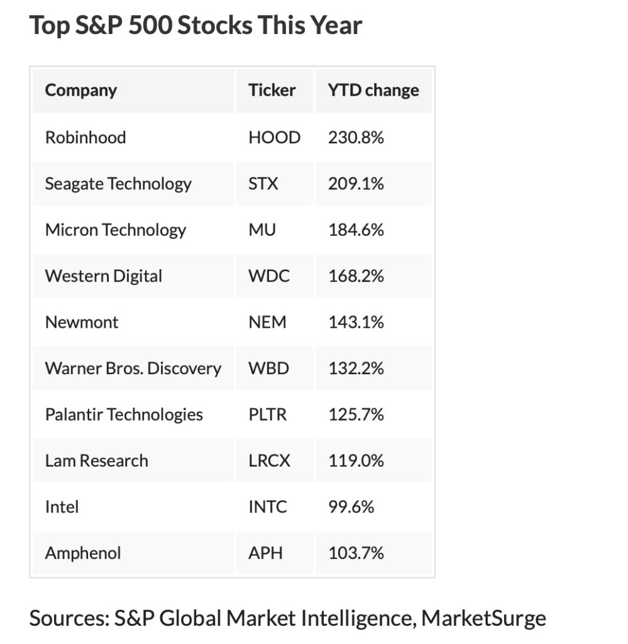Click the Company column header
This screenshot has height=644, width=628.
click(80, 91)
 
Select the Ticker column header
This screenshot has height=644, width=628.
click(272, 91)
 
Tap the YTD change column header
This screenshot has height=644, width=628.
click(373, 91)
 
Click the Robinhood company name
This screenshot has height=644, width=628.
click(85, 137)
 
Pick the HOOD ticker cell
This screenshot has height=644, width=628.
click(274, 137)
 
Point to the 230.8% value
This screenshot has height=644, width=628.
click(356, 137)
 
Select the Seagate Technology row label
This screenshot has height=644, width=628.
click(118, 184)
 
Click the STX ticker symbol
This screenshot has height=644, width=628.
click(263, 184)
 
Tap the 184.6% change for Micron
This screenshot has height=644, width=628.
click(356, 230)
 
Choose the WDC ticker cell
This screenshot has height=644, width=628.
click(269, 276)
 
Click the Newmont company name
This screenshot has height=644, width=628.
click(82, 322)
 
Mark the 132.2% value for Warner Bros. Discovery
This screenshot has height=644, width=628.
click(356, 369)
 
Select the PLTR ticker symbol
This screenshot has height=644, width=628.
click(267, 414)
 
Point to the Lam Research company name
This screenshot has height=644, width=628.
click(96, 460)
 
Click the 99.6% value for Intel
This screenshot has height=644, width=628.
click(351, 507)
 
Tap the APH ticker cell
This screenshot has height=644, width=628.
click(265, 553)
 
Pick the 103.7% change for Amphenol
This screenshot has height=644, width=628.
click(356, 553)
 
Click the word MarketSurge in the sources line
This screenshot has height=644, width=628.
click(483, 618)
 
